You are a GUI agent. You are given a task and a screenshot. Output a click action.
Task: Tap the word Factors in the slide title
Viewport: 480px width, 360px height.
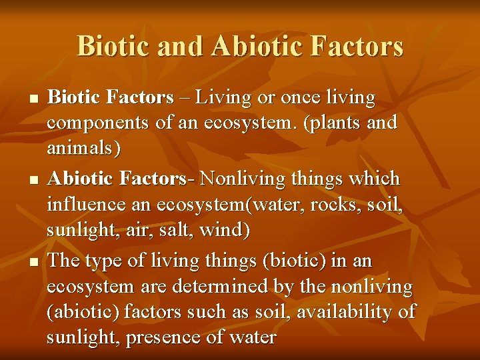pos(357,47)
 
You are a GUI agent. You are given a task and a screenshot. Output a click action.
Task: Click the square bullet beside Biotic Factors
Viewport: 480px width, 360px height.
pos(35,99)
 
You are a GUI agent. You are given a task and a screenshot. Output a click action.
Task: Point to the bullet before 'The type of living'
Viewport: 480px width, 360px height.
pos(35,261)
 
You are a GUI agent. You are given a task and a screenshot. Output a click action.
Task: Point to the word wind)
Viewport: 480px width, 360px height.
pos(228,229)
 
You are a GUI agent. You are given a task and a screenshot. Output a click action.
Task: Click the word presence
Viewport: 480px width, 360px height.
pos(159,337)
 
